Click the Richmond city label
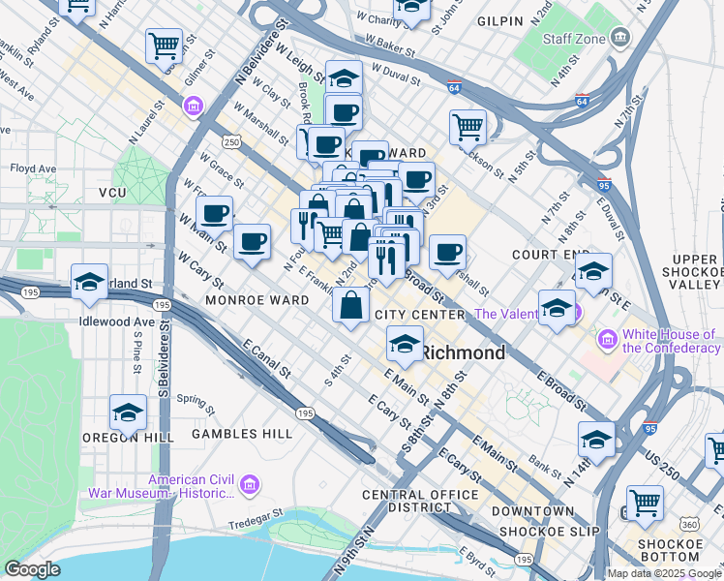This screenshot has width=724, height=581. pos(462,353)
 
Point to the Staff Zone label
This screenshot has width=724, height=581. pos(574,39)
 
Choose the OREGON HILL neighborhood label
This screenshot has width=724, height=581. pos(128,438)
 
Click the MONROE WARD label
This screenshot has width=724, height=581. pos(256,301)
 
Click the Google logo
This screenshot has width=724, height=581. pos(32,569)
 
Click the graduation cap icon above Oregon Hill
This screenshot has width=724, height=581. pos(128,413)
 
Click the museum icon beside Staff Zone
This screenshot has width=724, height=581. pos(620,38)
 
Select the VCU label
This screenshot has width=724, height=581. pos(112,194)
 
